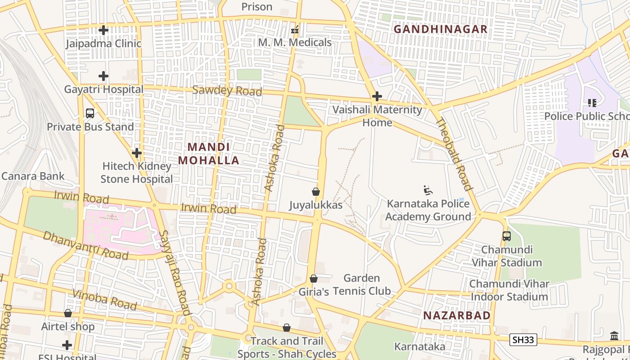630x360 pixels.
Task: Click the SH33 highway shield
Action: click(523, 340)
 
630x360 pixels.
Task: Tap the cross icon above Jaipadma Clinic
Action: click(103, 30)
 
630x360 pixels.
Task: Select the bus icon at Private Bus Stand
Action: click(90, 113)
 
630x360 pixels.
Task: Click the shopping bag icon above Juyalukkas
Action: click(316, 192)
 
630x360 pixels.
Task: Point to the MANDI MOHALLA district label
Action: click(209, 153)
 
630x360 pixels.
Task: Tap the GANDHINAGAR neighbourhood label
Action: click(441, 29)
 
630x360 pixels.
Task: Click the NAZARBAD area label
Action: click(457, 315)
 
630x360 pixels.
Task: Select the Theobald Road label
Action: click(454, 154)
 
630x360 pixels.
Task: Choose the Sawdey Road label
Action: click(227, 90)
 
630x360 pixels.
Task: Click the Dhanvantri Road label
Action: click(85, 246)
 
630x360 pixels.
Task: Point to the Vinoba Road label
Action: click(104, 300)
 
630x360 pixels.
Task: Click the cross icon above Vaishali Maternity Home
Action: click(377, 96)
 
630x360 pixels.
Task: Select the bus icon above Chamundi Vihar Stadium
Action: click(507, 236)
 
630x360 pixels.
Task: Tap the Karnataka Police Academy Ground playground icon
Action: click(428, 190)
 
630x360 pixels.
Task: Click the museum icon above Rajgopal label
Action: click(614, 336)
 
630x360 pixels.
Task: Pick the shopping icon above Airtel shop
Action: click(68, 313)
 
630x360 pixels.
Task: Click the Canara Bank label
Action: click(33, 176)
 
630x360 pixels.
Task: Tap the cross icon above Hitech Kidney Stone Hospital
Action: click(137, 153)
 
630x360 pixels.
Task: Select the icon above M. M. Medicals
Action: click(295, 30)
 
